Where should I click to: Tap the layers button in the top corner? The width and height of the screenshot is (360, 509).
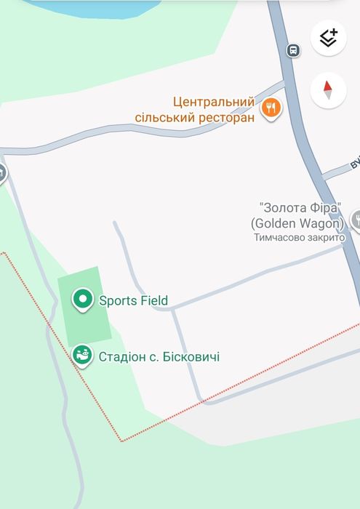pyautogui.click(x=328, y=38)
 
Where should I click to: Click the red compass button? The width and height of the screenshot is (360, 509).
pyautogui.click(x=328, y=90)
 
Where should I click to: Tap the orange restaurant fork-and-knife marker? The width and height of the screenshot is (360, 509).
pyautogui.click(x=271, y=108)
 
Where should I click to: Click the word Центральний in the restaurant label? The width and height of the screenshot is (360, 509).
pyautogui.click(x=214, y=103)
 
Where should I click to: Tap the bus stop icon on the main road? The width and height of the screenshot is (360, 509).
pyautogui.click(x=293, y=50)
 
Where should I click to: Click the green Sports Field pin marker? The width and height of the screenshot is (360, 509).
pyautogui.click(x=83, y=299)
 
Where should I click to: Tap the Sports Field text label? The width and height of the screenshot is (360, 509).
pyautogui.click(x=133, y=300)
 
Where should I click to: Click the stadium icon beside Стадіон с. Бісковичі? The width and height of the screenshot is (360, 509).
pyautogui.click(x=83, y=356)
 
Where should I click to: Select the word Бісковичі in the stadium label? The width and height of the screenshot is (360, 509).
pyautogui.click(x=188, y=357)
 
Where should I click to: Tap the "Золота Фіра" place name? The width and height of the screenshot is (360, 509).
pyautogui.click(x=299, y=208)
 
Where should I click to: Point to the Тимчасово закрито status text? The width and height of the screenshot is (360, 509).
pyautogui.click(x=299, y=237)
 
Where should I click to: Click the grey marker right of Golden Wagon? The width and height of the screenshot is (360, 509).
pyautogui.click(x=356, y=220)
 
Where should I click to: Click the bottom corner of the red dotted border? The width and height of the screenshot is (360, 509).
pyautogui.click(x=121, y=440)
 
